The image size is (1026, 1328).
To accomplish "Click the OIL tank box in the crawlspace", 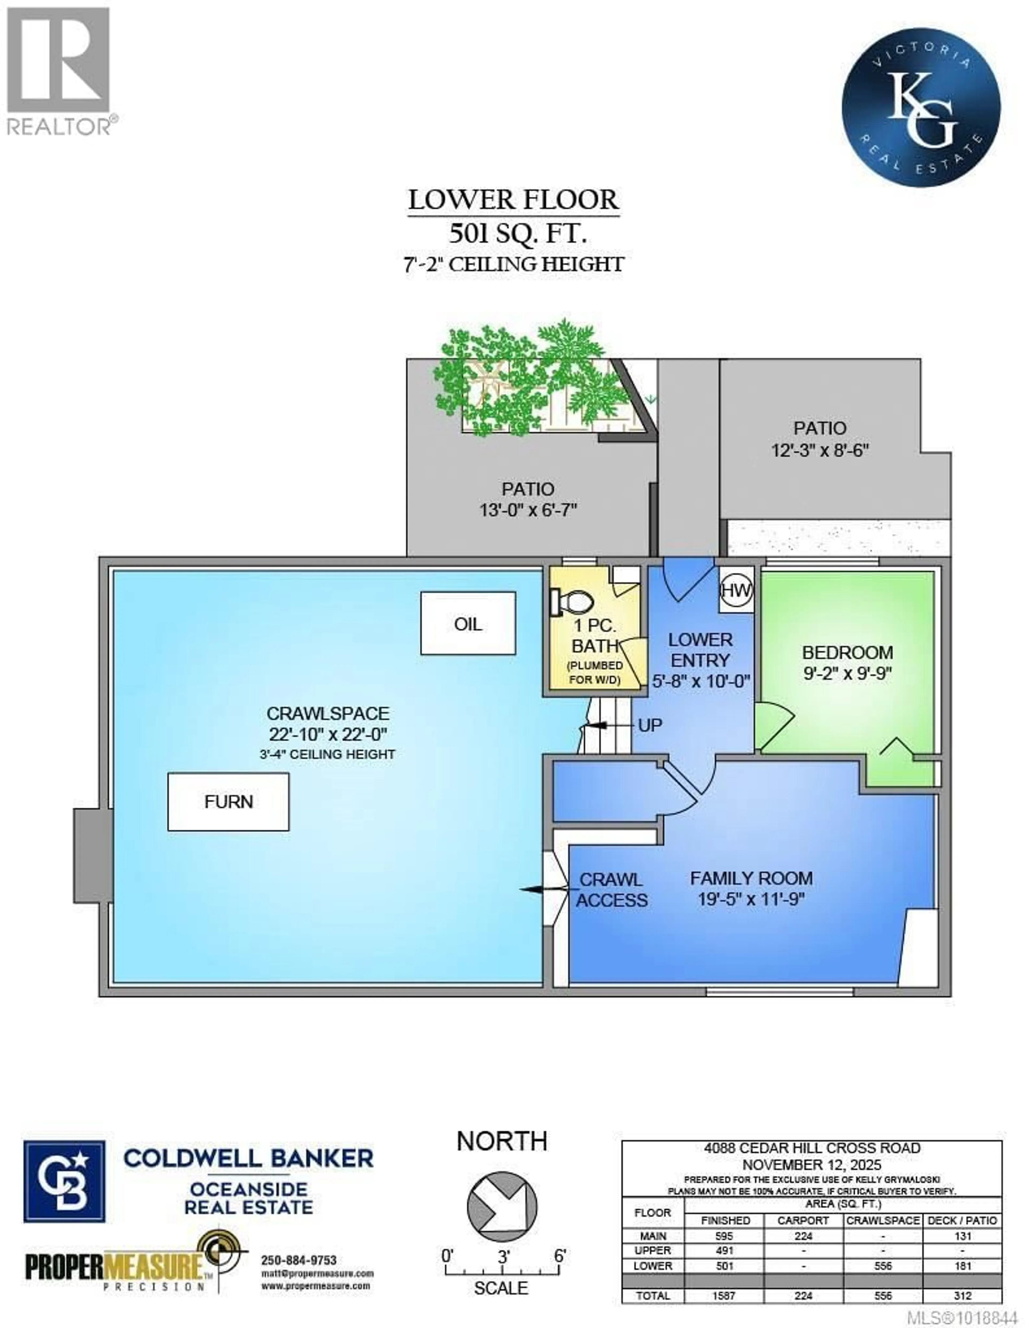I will click(x=468, y=623).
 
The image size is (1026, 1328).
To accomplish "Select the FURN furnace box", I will click(x=228, y=801).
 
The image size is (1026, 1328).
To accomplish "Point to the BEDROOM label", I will click(x=847, y=652).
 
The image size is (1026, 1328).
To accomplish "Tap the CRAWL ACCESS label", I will click(x=611, y=890).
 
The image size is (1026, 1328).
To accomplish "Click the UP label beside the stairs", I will click(x=650, y=725).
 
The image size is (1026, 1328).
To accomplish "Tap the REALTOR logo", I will click(x=59, y=70).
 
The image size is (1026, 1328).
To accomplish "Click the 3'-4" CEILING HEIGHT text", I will click(x=327, y=754).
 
